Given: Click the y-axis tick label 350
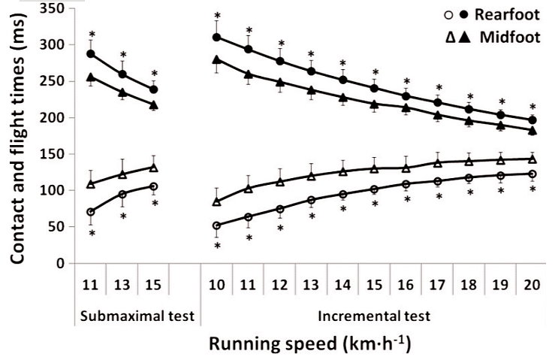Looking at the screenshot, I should [x=53, y=9].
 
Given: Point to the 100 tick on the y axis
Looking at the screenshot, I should [x=53, y=191].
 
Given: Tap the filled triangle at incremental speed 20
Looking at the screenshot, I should [x=532, y=130].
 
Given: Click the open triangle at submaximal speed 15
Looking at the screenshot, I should [x=153, y=168].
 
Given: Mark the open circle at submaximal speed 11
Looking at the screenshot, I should [x=92, y=212].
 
